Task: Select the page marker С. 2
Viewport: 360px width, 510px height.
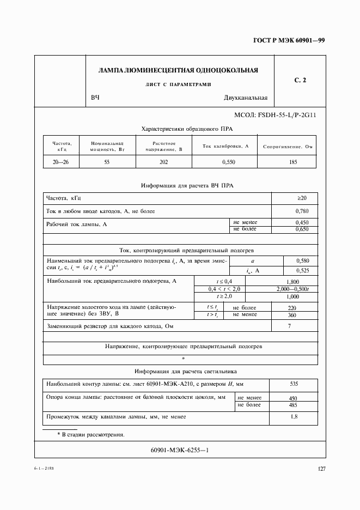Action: (300, 81)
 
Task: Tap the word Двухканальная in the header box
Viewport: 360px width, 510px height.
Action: (245, 98)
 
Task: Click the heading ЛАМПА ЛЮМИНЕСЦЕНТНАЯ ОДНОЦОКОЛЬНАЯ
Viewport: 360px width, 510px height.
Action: (178, 70)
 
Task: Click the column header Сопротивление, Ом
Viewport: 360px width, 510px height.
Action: (287, 147)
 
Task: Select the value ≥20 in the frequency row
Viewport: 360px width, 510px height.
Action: (294, 198)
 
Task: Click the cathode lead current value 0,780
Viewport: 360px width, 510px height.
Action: (294, 210)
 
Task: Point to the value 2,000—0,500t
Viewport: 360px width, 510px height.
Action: (292, 288)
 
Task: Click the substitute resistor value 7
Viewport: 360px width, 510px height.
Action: (290, 326)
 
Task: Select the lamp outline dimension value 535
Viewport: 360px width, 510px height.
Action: (294, 384)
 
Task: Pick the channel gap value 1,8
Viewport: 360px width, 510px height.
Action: (294, 417)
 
